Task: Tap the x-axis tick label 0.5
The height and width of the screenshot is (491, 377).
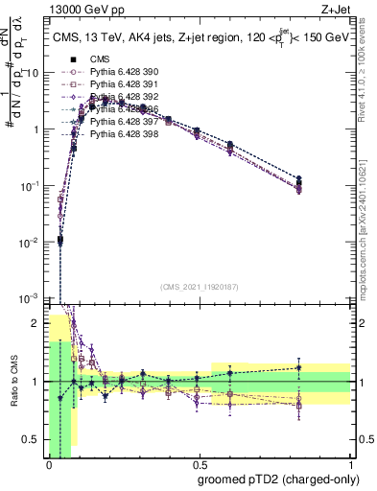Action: click(199, 465)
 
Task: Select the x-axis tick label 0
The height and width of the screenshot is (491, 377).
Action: click(48, 465)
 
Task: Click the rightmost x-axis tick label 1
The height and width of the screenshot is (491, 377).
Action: click(349, 465)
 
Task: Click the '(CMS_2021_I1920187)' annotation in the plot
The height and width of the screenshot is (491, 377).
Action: click(199, 287)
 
